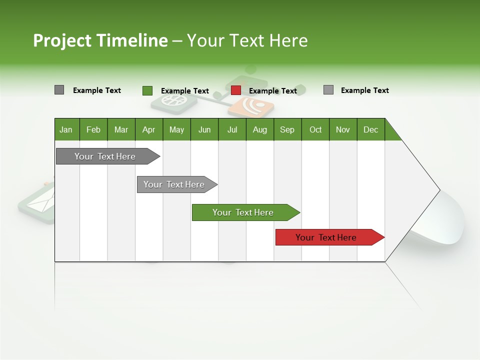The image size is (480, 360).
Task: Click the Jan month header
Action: pos(66,129)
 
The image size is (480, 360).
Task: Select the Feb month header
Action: pos(93,129)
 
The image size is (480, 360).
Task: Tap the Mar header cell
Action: pos(121,129)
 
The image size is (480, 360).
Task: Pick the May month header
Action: pos(176,129)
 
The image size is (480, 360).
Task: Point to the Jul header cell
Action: pos(232,129)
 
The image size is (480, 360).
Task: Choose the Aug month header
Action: pos(260,129)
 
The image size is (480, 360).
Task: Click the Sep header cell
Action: pos(287,129)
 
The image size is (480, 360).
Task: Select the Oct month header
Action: pos(315,129)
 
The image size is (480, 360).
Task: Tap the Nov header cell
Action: pos(343,129)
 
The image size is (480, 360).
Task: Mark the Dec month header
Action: pos(370,129)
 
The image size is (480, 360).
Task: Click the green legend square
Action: pos(147,90)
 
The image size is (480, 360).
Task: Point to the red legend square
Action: pos(236,90)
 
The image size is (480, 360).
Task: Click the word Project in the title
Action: pos(62,40)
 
